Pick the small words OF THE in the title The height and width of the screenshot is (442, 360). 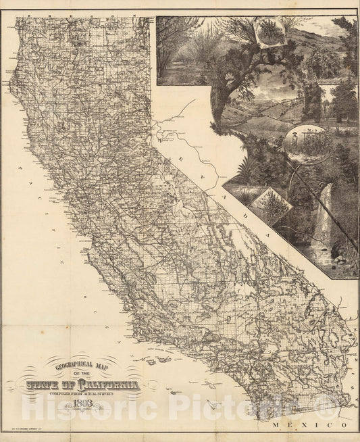pos(81,377)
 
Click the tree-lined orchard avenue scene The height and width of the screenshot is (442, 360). pos(182,47)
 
